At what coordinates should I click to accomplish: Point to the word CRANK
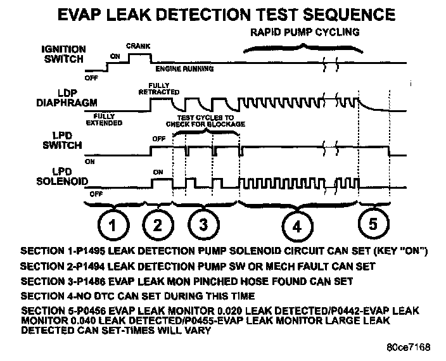tap(137, 46)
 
